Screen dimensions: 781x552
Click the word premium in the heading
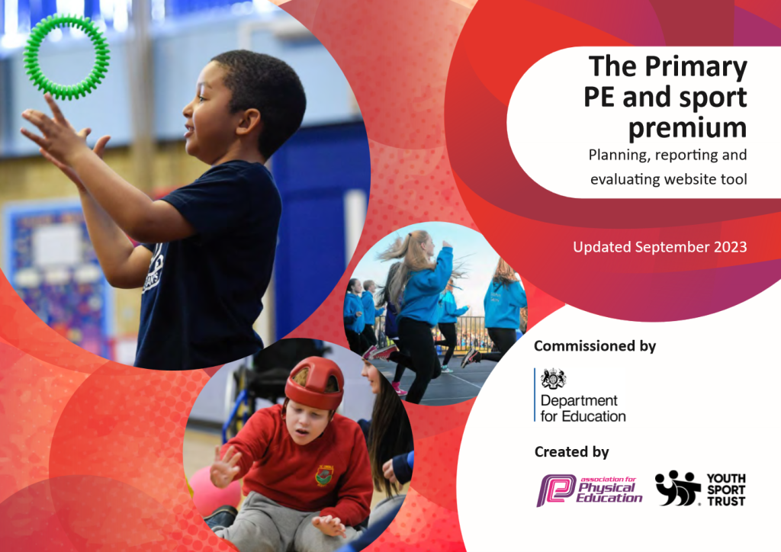[x=687, y=128]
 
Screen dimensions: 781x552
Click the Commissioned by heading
[x=595, y=346]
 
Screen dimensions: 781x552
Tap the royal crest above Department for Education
[x=554, y=379]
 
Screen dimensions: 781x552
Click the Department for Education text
[x=583, y=408]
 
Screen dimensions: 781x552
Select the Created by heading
[x=571, y=452]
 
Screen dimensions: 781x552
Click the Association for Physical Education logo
[x=590, y=489]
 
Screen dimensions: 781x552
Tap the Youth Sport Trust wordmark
[x=726, y=489]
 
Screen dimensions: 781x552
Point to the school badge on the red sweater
[x=325, y=475]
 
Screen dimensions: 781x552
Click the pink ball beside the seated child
[x=212, y=491]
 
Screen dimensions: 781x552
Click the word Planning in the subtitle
[x=619, y=156]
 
